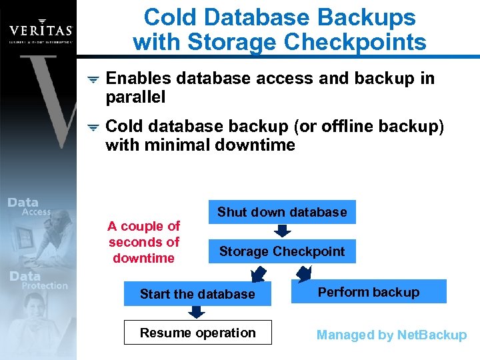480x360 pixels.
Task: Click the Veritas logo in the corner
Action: click(41, 31)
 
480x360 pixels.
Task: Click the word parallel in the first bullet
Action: click(135, 97)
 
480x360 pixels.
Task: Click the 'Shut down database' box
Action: click(282, 212)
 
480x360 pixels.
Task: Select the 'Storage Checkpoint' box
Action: click(282, 251)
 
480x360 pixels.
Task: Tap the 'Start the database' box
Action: click(197, 294)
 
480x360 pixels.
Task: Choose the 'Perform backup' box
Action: click(369, 292)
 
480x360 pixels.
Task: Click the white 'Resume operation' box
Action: click(197, 333)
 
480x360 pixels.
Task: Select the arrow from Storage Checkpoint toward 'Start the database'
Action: click(257, 273)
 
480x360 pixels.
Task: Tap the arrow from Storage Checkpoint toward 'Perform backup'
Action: click(305, 273)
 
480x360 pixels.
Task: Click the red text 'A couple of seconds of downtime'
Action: click(144, 242)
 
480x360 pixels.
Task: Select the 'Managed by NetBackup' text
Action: click(391, 335)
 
